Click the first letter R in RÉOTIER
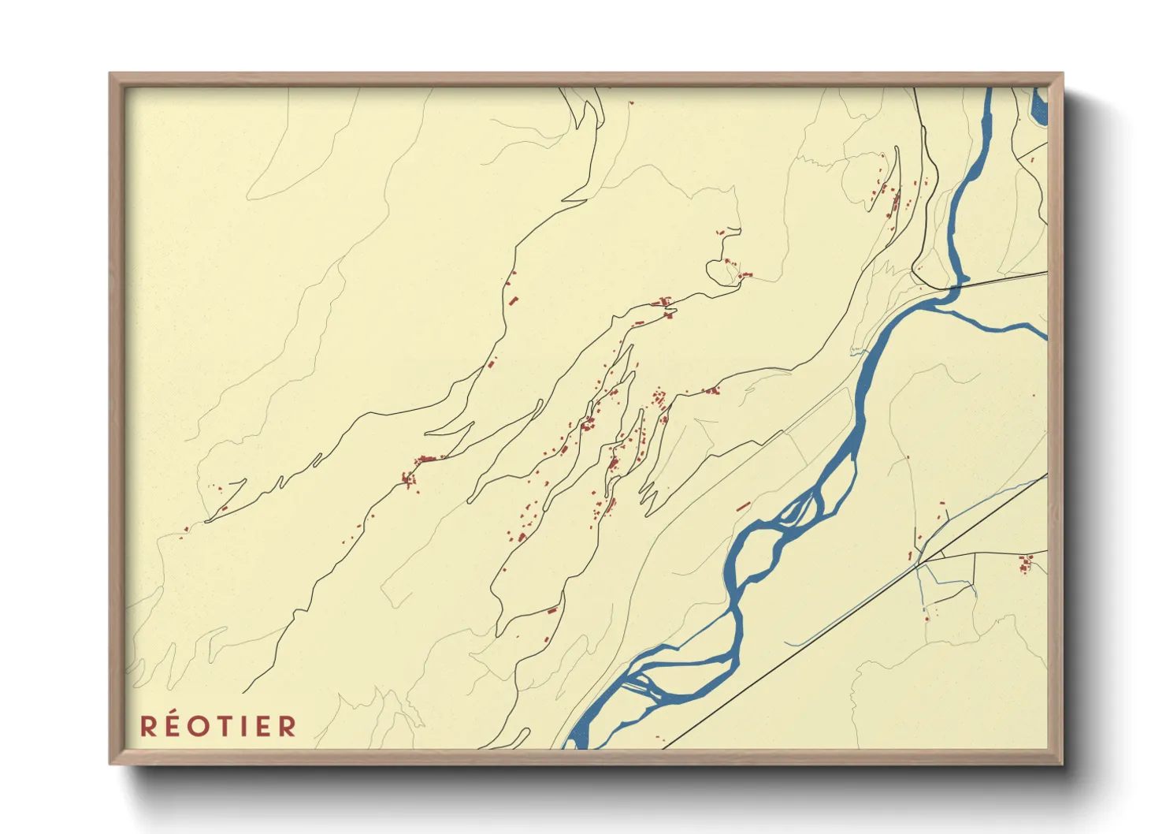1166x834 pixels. (148, 726)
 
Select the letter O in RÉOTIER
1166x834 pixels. (199, 726)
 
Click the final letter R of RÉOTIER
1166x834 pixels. (287, 726)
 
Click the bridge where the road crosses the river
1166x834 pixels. (953, 289)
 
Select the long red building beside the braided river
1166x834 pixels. (743, 506)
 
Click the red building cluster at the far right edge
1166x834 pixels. (1026, 564)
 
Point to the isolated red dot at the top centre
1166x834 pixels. (631, 102)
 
